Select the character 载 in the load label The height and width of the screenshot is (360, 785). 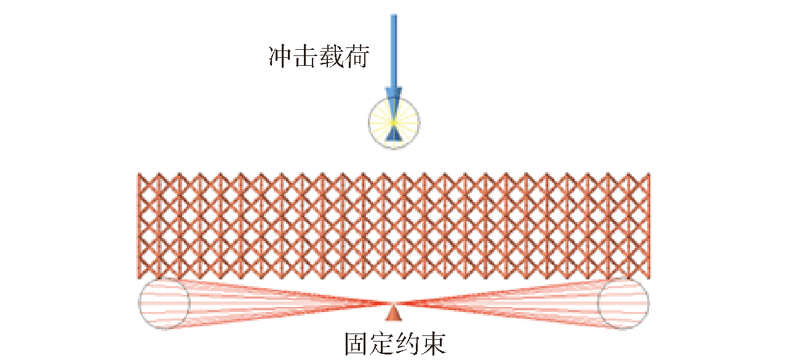332,56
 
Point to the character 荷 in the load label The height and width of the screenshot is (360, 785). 357,56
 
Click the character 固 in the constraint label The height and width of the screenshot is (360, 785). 357,344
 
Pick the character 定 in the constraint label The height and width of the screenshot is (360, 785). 383,344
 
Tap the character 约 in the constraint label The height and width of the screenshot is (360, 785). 408,344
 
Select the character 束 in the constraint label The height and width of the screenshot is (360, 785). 434,344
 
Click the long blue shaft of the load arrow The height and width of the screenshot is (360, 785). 394,51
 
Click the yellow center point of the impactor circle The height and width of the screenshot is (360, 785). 394,122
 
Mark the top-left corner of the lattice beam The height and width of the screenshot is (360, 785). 138,173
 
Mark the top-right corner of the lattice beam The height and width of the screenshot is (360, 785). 650,173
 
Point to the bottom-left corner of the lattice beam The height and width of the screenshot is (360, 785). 138,279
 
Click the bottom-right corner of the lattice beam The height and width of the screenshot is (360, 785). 650,279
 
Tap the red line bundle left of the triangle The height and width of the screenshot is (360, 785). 281,303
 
